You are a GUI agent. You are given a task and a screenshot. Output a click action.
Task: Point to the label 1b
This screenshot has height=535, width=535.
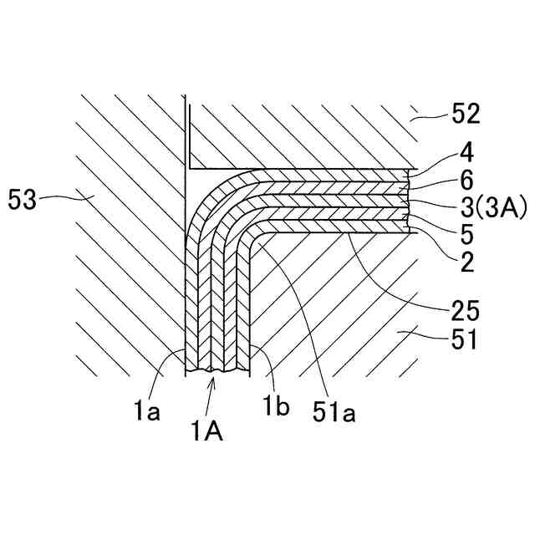pos(279,409)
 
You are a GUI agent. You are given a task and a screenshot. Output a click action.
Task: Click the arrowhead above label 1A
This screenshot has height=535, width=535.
pos(216,380)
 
